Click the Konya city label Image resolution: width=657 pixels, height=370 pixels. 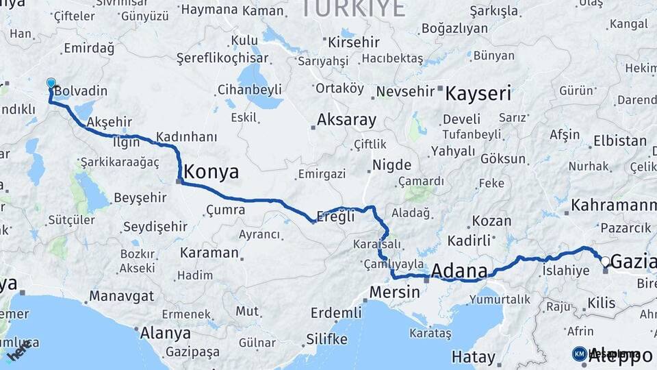click(212, 172)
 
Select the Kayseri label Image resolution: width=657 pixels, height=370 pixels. click(478, 93)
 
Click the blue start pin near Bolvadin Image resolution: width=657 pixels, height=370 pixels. click(51, 84)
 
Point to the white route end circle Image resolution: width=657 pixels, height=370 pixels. click(605, 261)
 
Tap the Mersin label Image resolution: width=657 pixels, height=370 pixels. click(394, 291)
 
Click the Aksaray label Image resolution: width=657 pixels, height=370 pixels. click(346, 121)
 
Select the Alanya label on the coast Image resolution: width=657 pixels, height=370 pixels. click(165, 334)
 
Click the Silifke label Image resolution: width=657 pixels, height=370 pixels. click(326, 339)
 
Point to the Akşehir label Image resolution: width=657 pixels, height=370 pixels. click(109, 122)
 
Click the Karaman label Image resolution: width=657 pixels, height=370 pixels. click(209, 253)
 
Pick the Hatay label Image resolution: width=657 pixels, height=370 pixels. click(473, 357)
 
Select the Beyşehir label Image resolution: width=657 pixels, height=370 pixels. click(140, 197)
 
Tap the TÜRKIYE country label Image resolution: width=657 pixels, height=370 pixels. click(352, 8)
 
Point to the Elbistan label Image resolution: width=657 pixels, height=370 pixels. click(620, 141)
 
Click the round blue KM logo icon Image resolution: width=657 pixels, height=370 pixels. click(580, 354)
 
